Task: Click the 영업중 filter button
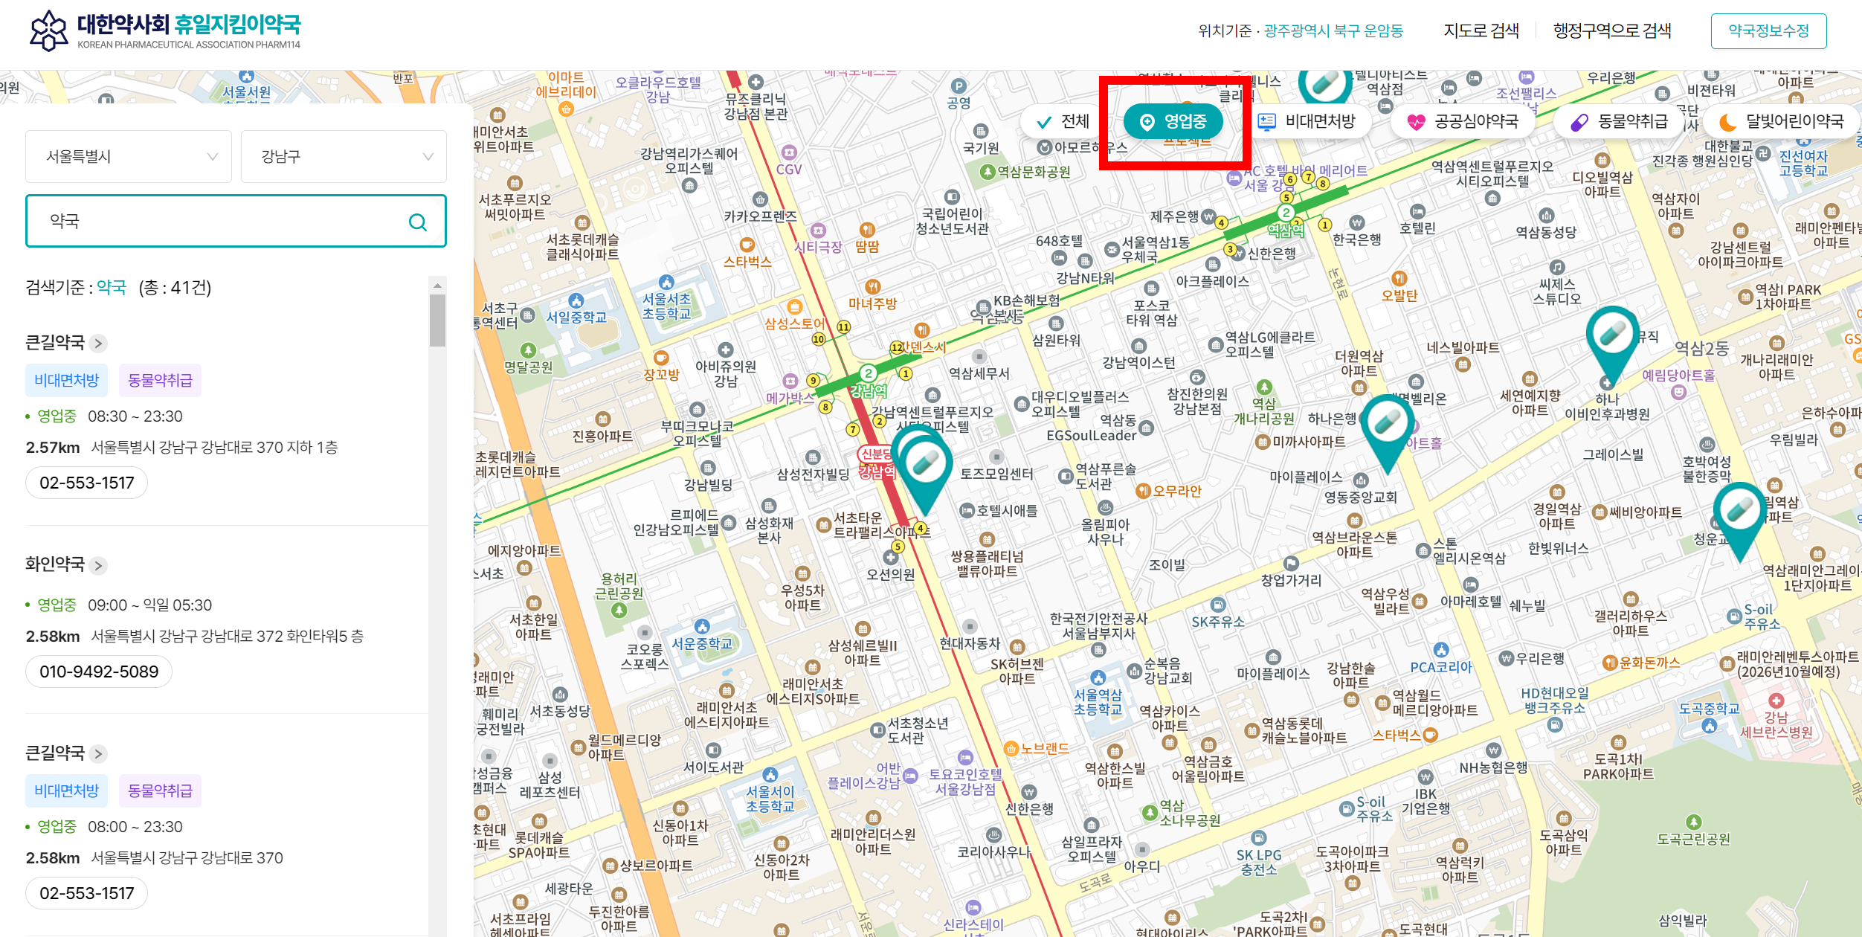1173,122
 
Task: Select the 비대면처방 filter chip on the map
1307,122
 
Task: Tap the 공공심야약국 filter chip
1463,122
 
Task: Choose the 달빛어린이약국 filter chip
1781,122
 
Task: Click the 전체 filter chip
1062,122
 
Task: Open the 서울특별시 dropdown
129,157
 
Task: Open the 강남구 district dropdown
344,157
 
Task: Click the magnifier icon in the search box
418,222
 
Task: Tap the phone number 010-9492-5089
99,672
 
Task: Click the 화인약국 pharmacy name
56,564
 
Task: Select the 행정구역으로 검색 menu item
1611,30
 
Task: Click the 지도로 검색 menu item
1481,30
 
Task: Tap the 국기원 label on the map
981,147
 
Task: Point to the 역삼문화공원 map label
1033,172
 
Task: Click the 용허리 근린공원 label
619,587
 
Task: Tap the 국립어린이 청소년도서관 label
952,222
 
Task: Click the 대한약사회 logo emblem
49,30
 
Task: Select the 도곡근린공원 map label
1693,839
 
